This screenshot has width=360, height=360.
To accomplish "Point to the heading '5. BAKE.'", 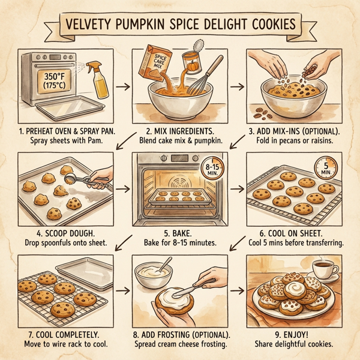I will coord(180,232).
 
